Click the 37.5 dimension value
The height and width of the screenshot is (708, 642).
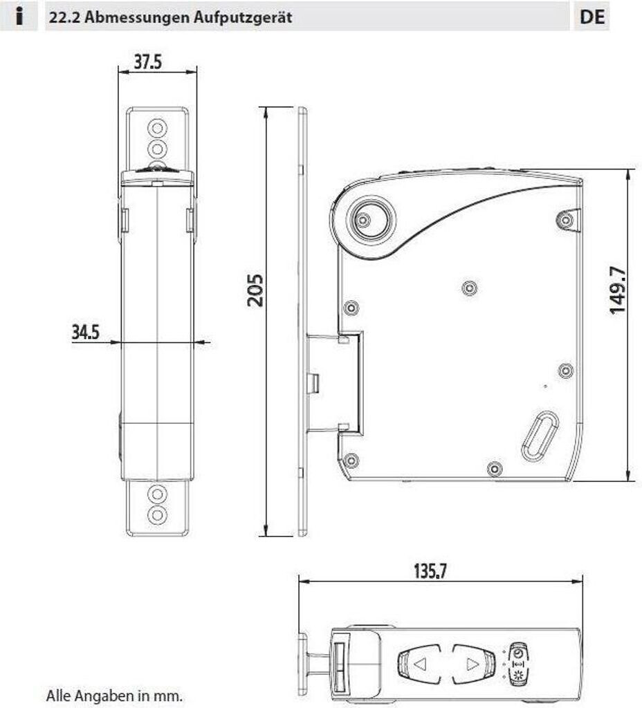[148, 62]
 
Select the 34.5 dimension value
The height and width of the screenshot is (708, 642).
[85, 333]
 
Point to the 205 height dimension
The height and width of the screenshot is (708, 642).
[255, 290]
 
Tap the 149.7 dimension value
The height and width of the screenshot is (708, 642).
[618, 290]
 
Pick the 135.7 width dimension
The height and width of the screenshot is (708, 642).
[430, 571]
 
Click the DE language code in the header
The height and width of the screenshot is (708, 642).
[592, 17]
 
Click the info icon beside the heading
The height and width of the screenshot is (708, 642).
[19, 17]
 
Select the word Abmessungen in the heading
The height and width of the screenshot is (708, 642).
[137, 17]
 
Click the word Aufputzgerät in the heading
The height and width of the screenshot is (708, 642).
[243, 17]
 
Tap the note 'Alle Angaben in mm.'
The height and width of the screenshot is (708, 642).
[115, 695]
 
